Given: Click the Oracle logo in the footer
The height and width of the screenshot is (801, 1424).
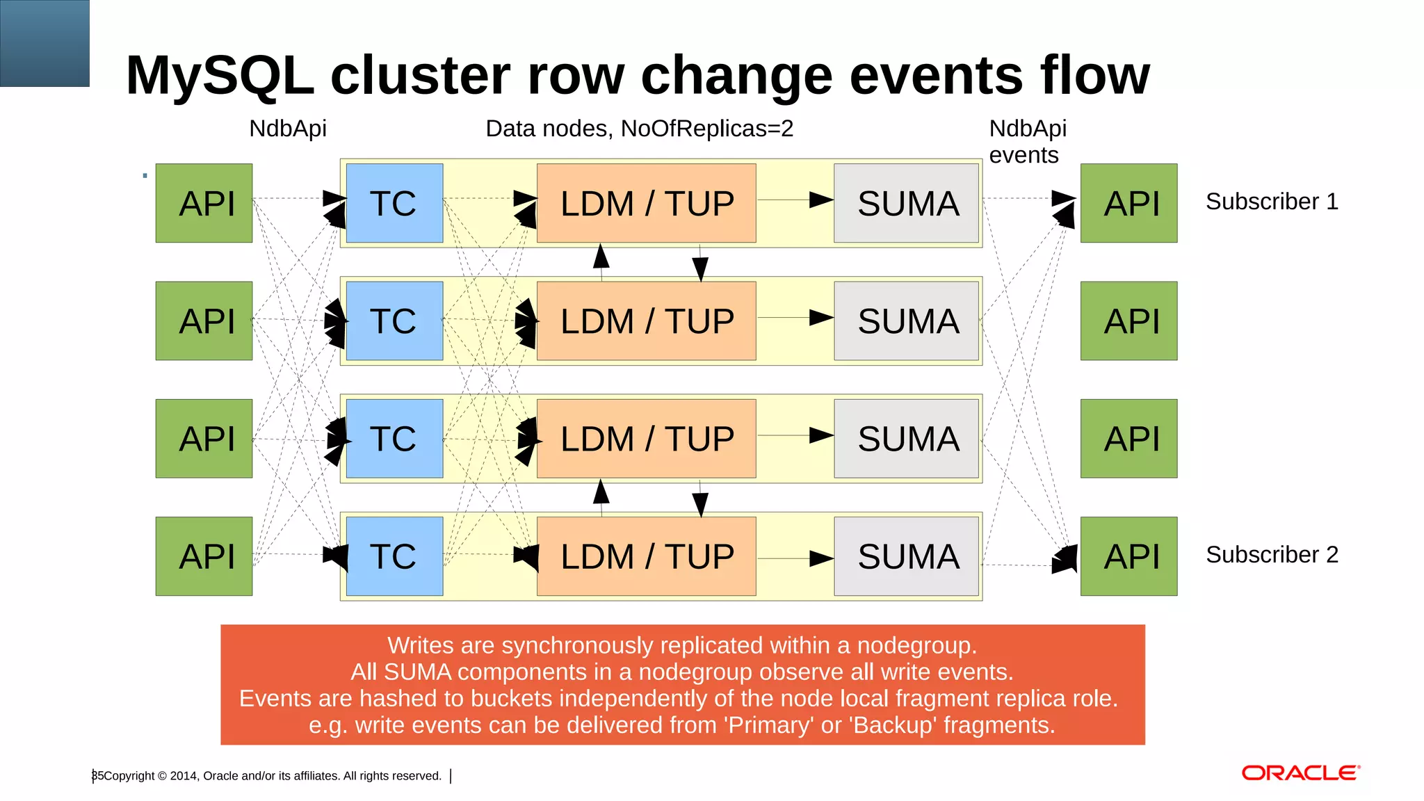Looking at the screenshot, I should [1300, 773].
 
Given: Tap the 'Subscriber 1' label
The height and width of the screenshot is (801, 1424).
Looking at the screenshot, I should [1272, 202].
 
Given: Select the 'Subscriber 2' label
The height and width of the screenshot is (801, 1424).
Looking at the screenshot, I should [1272, 555].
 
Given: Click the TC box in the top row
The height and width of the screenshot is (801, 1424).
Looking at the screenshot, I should [394, 203].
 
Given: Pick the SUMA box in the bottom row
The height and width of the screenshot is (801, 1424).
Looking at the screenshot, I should [907, 556].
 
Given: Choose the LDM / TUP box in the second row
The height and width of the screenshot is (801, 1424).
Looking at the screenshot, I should [646, 321].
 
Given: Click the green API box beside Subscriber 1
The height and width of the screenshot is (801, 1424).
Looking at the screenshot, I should [1128, 203].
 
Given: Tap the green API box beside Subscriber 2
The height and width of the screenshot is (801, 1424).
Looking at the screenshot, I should [1128, 556].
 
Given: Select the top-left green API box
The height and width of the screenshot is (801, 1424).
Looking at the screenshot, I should [204, 203].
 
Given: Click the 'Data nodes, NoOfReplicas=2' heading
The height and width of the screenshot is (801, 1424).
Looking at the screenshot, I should [639, 129].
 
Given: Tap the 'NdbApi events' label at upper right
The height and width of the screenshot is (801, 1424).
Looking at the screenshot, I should [1027, 142].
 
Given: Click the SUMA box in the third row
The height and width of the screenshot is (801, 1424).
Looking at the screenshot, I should [907, 439].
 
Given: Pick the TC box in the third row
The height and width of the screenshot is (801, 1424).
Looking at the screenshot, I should [394, 439].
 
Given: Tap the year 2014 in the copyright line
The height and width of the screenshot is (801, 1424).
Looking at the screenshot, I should [184, 776].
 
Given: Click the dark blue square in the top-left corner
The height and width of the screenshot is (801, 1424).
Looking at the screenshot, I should [44, 43].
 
